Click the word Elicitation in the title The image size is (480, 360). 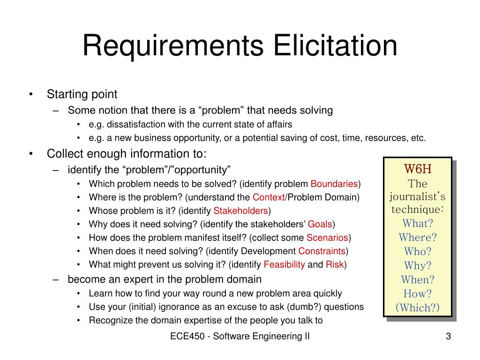point(335,45)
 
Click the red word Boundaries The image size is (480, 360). point(334,184)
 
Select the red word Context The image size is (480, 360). point(269,197)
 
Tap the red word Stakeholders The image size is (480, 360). point(240,210)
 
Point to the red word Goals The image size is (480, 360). point(320,224)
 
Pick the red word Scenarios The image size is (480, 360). point(327,238)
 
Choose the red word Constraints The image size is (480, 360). point(322,251)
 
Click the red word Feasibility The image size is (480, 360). point(284,264)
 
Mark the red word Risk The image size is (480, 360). point(335,264)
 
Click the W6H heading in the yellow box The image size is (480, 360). point(418,169)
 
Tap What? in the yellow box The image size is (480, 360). point(418,224)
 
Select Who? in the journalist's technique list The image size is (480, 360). point(418,252)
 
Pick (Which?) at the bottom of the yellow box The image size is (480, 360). point(418,307)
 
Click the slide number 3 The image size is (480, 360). point(448,336)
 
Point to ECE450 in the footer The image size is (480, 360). point(187,336)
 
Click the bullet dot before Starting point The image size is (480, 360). point(30,94)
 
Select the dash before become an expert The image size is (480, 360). point(55,279)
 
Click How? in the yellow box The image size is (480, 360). point(418,294)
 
